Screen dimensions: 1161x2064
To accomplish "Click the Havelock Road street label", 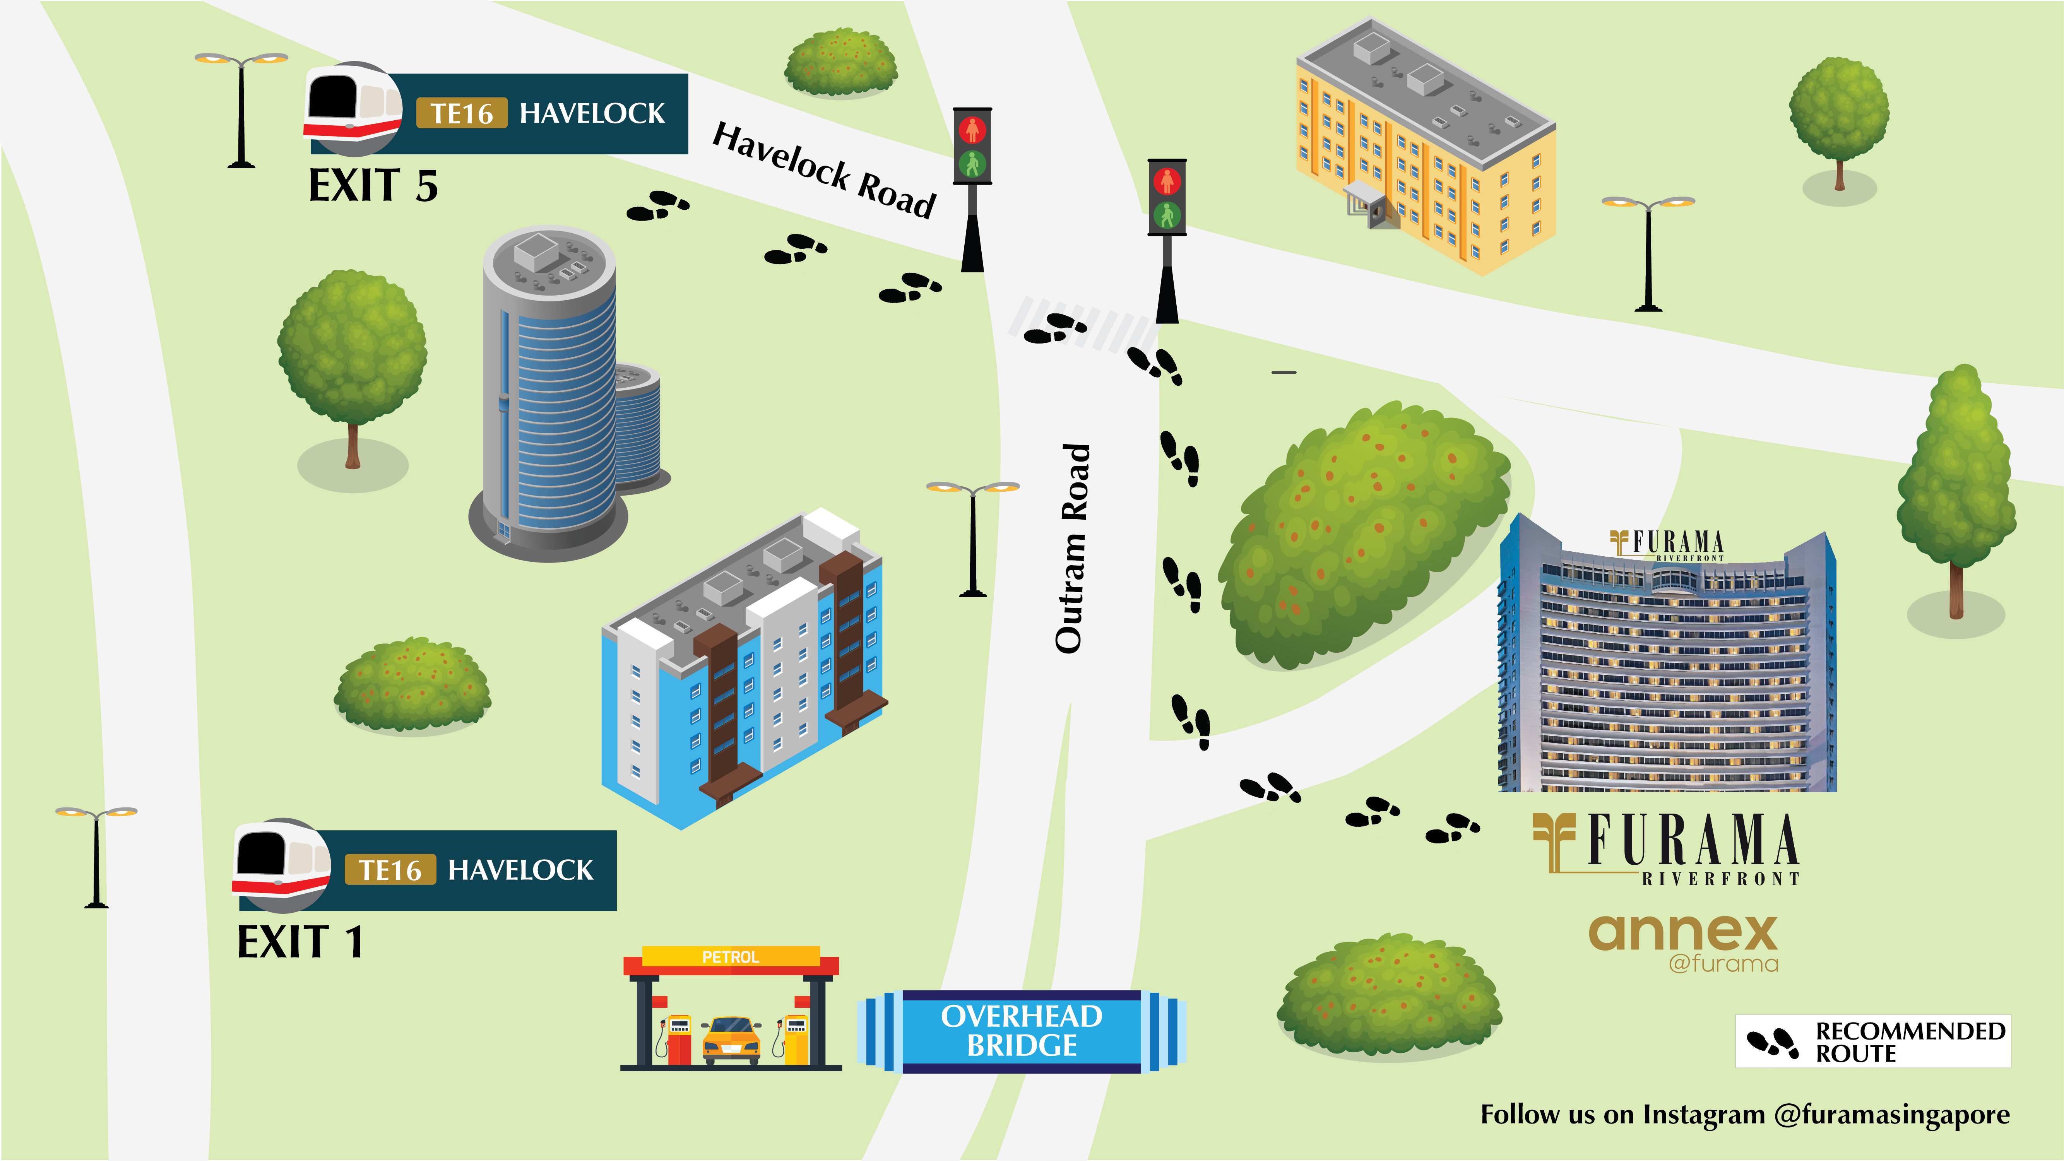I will (824, 170).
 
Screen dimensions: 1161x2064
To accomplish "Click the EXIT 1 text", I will (300, 942).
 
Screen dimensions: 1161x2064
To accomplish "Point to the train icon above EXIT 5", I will (353, 108).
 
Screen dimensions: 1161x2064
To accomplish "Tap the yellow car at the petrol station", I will (731, 1039).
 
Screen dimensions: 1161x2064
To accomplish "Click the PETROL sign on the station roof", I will (730, 957).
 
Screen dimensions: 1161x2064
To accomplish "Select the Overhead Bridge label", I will (1022, 1031).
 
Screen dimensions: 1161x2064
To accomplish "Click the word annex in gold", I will (1682, 934).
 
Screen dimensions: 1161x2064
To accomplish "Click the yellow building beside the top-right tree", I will (1426, 152).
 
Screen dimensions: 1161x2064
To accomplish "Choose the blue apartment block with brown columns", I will (745, 673).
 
